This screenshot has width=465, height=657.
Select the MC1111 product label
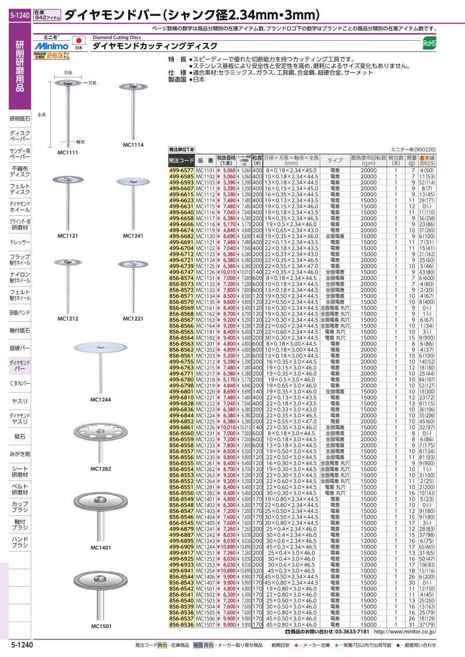[67, 153]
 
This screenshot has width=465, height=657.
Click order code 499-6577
[181, 170]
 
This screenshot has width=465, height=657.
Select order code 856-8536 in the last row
[181, 624]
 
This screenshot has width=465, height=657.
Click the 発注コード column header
[182, 161]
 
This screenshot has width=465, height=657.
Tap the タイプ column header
[335, 161]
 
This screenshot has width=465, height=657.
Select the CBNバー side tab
[20, 383]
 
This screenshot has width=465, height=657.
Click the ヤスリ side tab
[20, 401]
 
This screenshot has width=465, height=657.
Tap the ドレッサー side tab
[20, 242]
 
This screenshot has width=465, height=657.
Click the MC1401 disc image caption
[101, 547]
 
